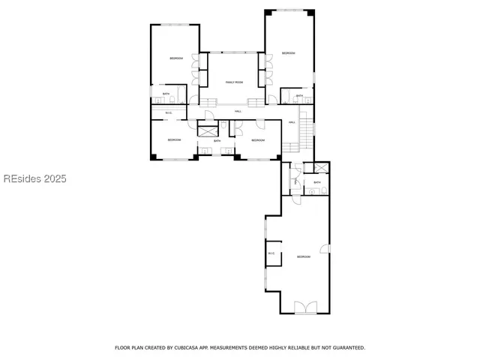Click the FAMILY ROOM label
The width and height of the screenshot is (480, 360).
(x=235, y=82)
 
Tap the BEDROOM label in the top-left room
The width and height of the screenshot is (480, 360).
(x=176, y=58)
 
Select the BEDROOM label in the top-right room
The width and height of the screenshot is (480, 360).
(x=288, y=52)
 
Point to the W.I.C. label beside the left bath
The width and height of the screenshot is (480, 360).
(x=169, y=112)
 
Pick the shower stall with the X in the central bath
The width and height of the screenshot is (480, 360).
(x=208, y=130)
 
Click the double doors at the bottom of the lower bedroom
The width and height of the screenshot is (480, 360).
(x=304, y=307)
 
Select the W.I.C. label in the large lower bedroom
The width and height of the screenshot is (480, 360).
(x=271, y=253)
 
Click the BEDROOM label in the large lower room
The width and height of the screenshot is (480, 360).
(x=304, y=257)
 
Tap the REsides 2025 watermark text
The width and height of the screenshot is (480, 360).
(x=34, y=179)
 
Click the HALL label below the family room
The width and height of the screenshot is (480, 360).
(x=238, y=112)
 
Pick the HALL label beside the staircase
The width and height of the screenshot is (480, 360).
(x=292, y=122)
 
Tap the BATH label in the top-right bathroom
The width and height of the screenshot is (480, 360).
(x=299, y=96)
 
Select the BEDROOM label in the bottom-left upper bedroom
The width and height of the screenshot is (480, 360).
(x=174, y=140)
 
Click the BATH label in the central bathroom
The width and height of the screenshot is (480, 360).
(x=217, y=141)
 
